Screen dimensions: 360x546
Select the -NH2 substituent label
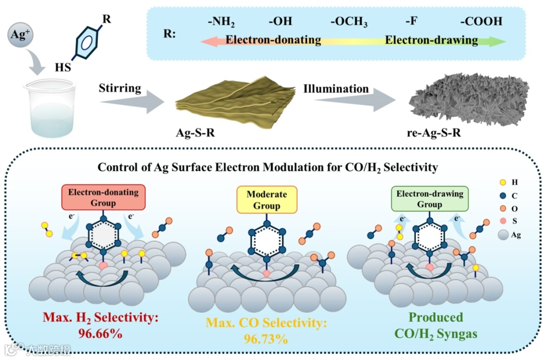pyautogui.click(x=221, y=23)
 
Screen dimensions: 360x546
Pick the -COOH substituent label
pyautogui.click(x=481, y=22)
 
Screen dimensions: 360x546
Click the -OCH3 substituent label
pyautogui.click(x=349, y=23)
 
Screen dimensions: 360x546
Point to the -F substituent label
pyautogui.click(x=410, y=22)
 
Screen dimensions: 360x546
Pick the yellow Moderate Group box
pyautogui.click(x=266, y=199)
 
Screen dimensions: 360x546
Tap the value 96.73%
pyautogui.click(x=266, y=338)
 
